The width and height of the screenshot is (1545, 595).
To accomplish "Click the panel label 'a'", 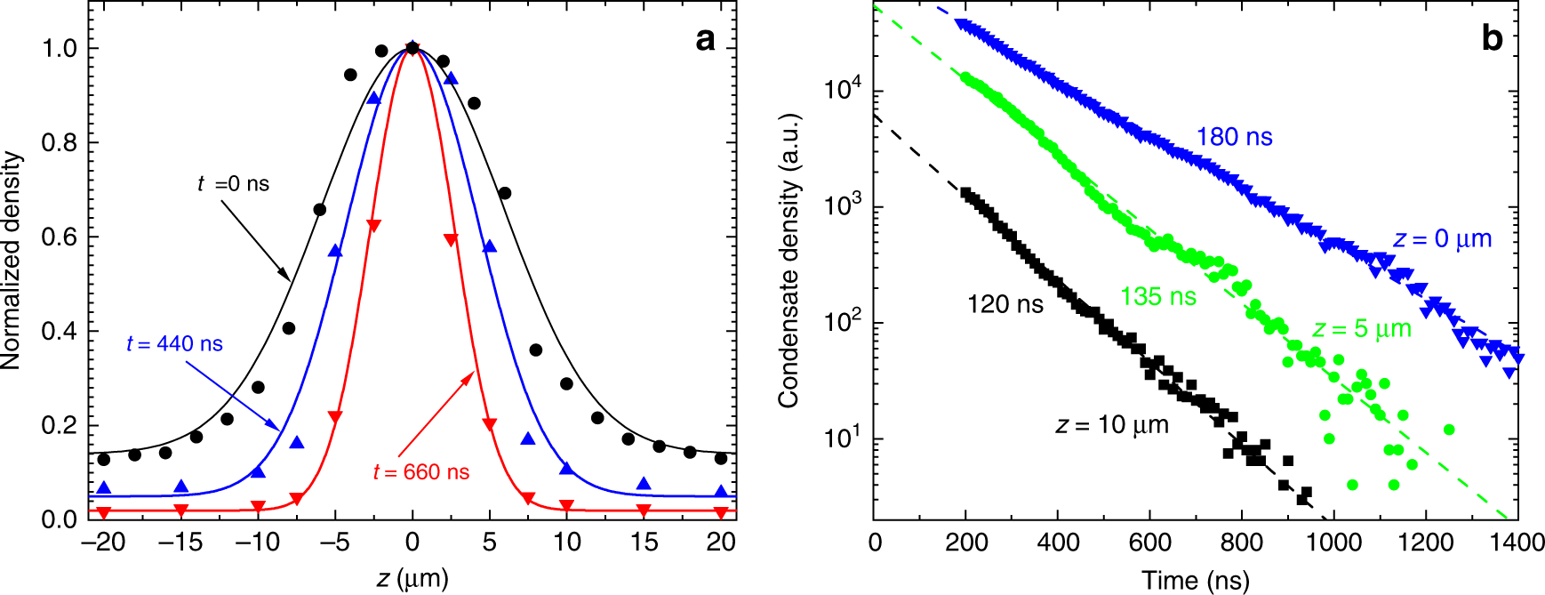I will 705,39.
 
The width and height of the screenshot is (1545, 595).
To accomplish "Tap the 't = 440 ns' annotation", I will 174,343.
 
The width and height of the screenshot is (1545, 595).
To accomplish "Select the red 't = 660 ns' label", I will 421,471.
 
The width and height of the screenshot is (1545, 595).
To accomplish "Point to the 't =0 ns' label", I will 233,184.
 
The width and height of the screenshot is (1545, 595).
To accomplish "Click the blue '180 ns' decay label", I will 1234,137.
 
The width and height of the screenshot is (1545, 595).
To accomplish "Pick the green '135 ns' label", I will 1158,296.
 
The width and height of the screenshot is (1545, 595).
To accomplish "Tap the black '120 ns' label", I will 1005,304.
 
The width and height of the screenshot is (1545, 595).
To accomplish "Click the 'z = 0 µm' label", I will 1442,239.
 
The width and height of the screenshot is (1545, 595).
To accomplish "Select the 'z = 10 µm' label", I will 1112,425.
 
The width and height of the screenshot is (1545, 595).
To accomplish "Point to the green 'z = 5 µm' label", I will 1362,329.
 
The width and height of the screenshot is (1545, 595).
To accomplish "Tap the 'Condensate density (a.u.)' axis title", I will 789,261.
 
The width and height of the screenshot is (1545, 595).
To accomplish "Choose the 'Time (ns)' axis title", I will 1196,581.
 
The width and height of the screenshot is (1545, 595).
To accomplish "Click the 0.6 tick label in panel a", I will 60,237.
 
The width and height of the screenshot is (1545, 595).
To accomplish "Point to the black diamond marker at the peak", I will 412,48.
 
